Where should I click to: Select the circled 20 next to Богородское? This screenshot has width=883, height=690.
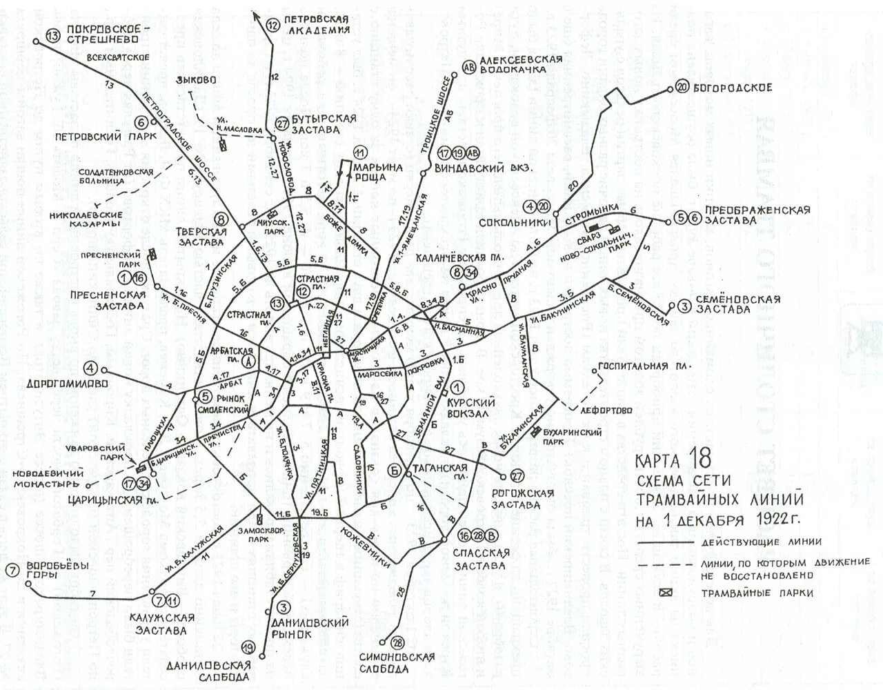coord(682,88)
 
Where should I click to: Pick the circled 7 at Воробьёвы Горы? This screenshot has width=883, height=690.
coord(12,570)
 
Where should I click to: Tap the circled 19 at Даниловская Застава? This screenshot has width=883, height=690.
coord(248,647)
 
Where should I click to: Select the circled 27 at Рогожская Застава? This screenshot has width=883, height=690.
coord(517,476)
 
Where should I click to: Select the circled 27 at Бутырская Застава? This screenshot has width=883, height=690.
coord(281,122)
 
